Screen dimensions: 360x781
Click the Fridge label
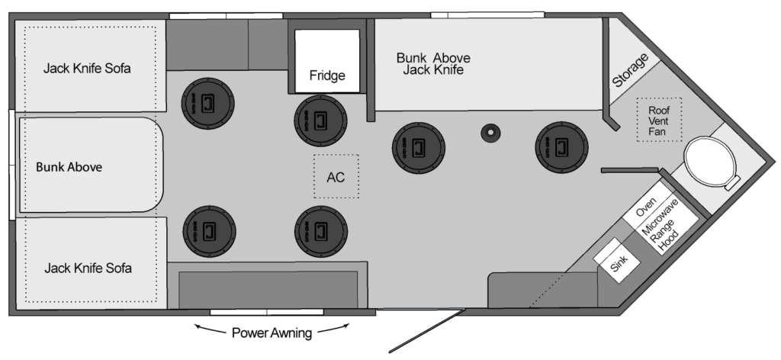point(326,76)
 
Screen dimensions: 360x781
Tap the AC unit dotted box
point(336,177)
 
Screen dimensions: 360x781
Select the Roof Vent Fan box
point(657,121)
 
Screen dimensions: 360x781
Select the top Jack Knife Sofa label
point(87,68)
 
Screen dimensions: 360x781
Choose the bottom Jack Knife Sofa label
point(88,268)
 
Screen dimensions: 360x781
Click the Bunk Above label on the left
point(69,167)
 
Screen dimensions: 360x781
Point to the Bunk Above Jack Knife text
point(432,63)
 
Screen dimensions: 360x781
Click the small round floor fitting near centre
point(490,133)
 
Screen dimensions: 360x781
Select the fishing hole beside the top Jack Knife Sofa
point(207,101)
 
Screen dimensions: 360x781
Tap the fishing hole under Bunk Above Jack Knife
point(418,148)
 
